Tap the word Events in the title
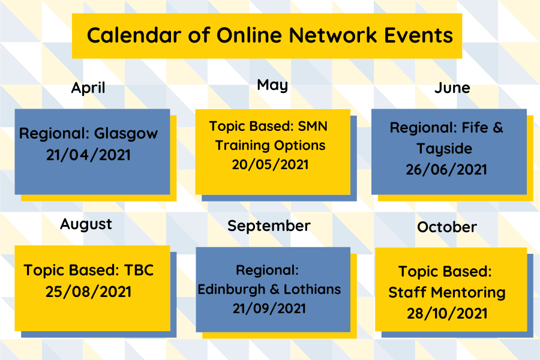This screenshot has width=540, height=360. (x=420, y=35)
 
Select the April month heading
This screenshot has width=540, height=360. (x=88, y=88)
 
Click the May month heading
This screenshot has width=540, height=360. (x=272, y=85)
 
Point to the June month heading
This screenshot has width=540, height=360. (x=452, y=88)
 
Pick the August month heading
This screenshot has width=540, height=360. (x=86, y=224)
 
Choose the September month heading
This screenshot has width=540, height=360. (x=269, y=226)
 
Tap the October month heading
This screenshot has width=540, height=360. (x=447, y=227)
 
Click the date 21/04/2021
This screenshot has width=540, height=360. (x=88, y=155)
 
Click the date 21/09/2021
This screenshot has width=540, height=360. (x=269, y=308)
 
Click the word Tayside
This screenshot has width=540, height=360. (x=445, y=148)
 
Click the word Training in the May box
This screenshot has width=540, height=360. (x=242, y=145)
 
